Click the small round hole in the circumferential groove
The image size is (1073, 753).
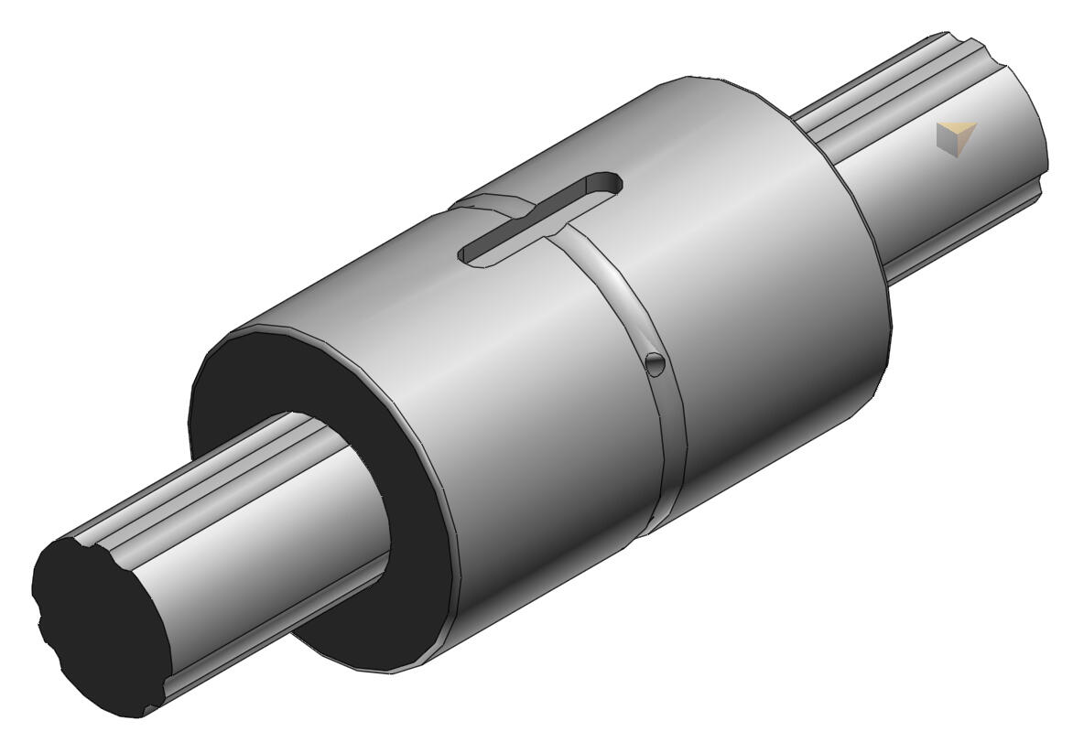coord(654,364)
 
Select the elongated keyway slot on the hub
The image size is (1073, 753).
coord(540,220)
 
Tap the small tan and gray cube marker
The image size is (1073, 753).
coord(956,138)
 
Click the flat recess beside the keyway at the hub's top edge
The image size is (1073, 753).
coord(485,203)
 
